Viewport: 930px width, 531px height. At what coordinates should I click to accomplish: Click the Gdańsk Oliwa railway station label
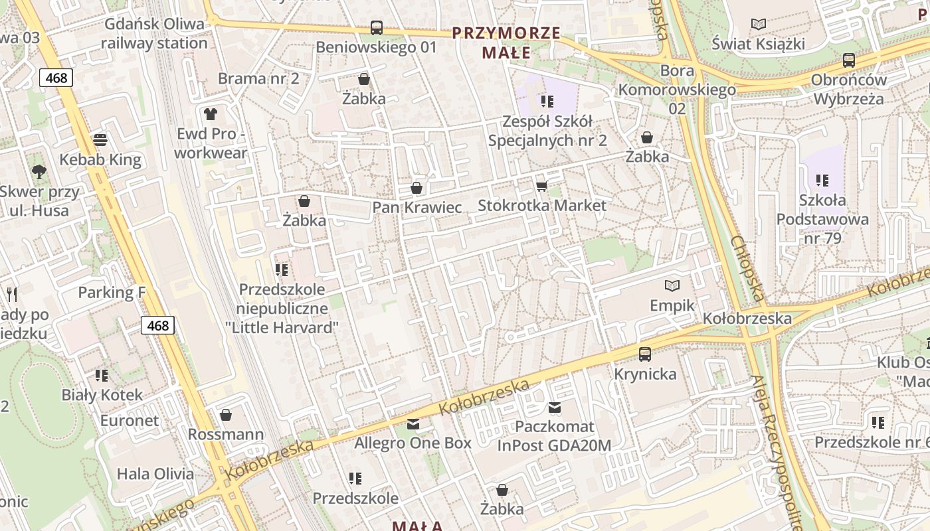click(154, 34)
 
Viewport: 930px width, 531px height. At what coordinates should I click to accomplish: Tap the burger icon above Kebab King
click(100, 140)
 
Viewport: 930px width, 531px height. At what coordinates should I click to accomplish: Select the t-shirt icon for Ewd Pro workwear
click(211, 114)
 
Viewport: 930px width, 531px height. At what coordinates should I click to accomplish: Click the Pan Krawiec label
click(417, 207)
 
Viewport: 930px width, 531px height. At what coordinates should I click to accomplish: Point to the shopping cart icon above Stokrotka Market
click(541, 186)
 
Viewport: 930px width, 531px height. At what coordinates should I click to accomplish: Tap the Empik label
click(672, 305)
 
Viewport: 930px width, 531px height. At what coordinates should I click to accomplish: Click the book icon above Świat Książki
click(758, 25)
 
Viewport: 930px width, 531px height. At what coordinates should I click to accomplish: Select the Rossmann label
click(226, 434)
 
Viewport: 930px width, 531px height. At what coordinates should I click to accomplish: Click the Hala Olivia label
click(155, 474)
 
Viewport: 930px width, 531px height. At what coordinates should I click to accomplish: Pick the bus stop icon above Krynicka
click(645, 354)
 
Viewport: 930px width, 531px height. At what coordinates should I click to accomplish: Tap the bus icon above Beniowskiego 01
click(377, 28)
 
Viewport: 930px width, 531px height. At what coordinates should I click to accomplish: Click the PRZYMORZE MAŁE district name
click(506, 42)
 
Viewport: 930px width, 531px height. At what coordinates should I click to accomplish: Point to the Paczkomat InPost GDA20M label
click(554, 435)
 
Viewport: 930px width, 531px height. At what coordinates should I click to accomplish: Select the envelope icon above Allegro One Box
click(413, 423)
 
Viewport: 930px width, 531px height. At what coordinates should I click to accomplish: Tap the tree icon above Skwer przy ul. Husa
click(39, 172)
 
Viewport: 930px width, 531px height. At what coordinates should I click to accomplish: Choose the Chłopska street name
click(749, 268)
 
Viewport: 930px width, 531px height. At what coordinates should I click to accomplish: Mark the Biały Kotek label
click(102, 395)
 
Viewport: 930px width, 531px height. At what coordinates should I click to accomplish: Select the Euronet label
click(130, 421)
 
